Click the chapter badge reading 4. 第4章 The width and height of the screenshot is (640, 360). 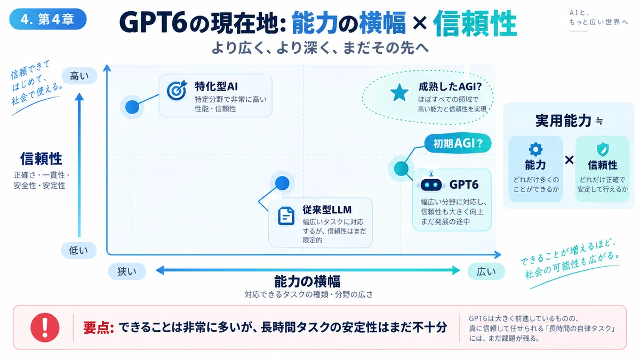(x=47, y=19)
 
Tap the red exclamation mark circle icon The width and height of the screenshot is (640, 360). (x=45, y=327)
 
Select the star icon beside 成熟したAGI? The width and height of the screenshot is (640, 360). (x=399, y=93)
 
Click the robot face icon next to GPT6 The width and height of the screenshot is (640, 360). (x=431, y=185)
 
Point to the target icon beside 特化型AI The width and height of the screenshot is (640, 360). (x=177, y=90)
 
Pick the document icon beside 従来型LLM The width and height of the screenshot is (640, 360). (x=286, y=215)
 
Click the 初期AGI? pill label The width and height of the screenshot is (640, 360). (x=458, y=143)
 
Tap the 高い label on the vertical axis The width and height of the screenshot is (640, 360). (x=79, y=76)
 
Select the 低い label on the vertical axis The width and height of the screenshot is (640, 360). (x=78, y=250)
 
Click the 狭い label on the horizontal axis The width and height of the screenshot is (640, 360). (x=127, y=271)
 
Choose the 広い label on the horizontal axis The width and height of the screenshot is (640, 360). (x=486, y=271)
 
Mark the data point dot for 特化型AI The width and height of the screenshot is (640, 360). (x=132, y=107)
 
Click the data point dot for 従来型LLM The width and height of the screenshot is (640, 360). (x=282, y=183)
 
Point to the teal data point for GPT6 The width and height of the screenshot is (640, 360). (x=401, y=169)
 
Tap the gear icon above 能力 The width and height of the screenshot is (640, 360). (x=535, y=149)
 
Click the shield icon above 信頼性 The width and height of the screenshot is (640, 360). (x=603, y=149)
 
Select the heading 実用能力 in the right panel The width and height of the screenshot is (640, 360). (x=563, y=121)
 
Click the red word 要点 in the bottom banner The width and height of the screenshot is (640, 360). (x=99, y=327)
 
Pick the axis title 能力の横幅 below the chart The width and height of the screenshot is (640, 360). (x=307, y=282)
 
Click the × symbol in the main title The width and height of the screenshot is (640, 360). (x=420, y=23)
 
